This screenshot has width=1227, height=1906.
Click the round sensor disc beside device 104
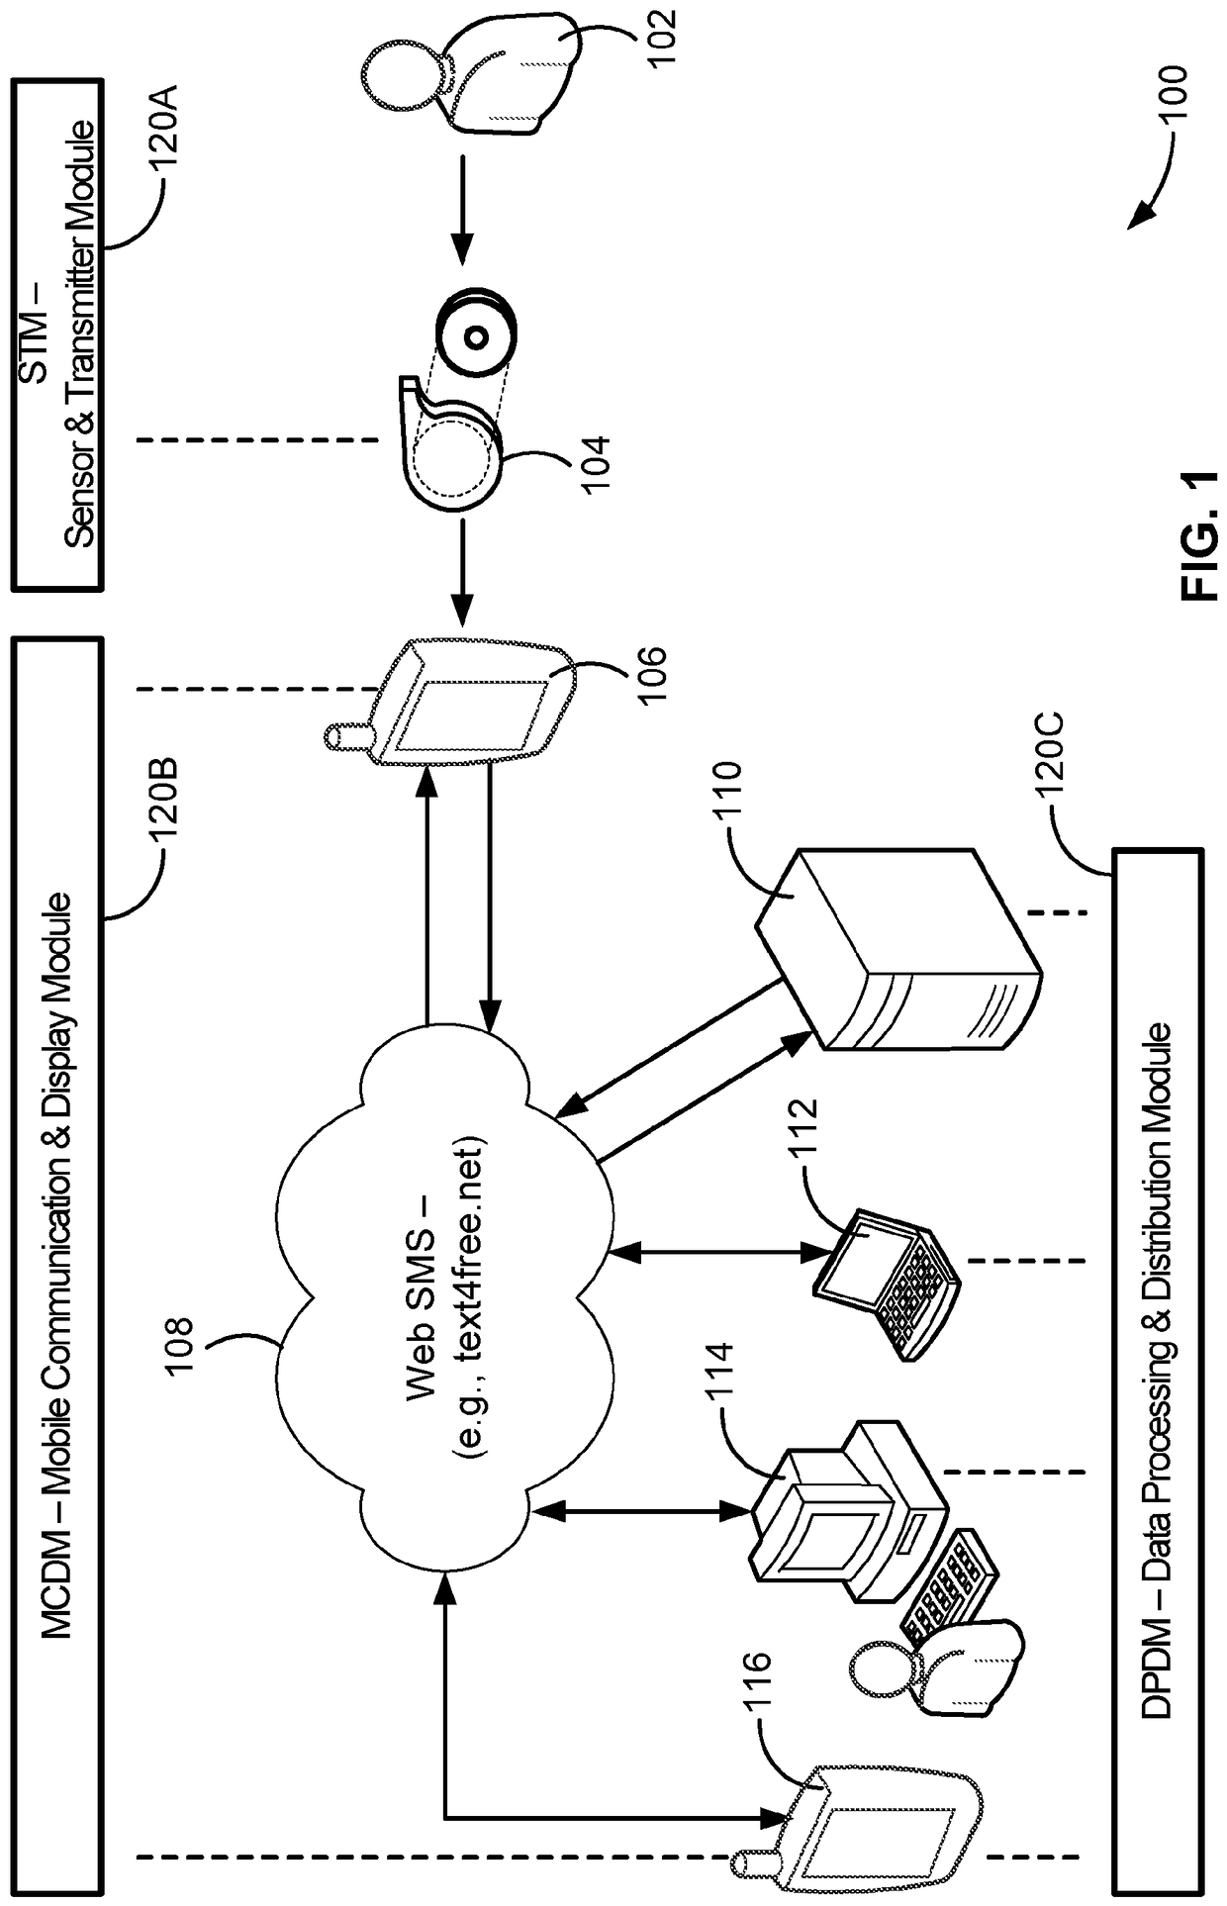click(474, 336)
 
